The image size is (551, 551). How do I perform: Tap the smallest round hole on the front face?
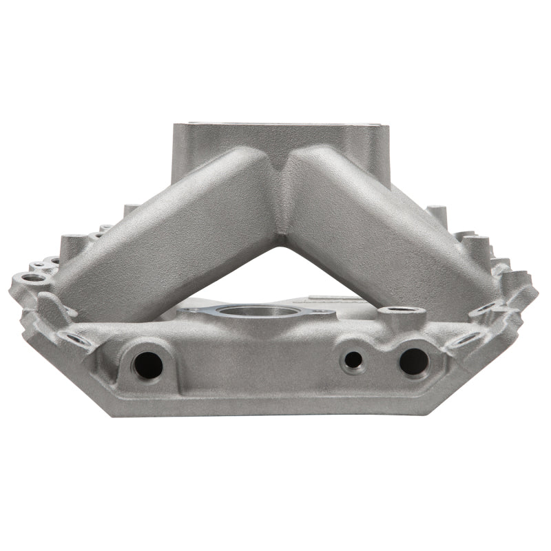[353, 359]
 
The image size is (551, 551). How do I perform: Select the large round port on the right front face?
[413, 361]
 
